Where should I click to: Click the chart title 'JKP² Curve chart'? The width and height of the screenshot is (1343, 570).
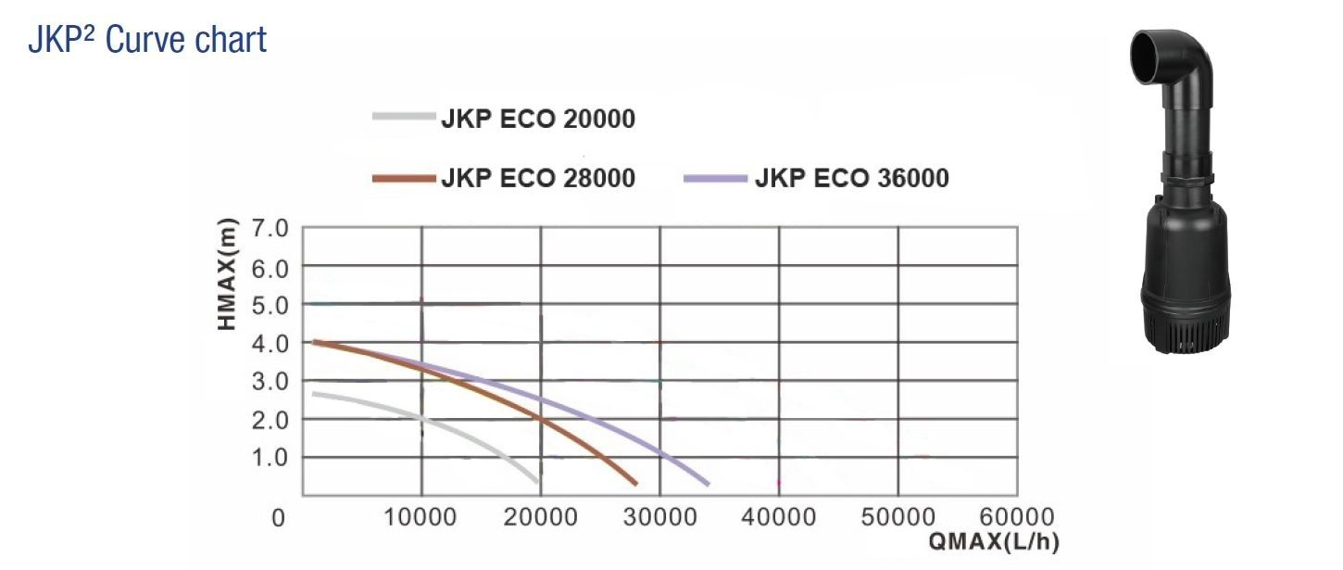pyautogui.click(x=148, y=40)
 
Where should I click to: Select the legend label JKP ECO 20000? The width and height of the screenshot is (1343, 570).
pyautogui.click(x=538, y=120)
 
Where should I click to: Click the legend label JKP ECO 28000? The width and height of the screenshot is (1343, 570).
pyautogui.click(x=538, y=178)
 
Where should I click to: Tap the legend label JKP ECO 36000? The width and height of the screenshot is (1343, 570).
pyautogui.click(x=852, y=178)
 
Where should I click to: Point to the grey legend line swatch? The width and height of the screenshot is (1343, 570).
pyautogui.click(x=403, y=117)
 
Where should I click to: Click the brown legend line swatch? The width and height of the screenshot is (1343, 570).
pyautogui.click(x=403, y=177)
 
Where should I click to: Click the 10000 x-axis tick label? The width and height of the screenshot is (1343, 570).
pyautogui.click(x=421, y=517)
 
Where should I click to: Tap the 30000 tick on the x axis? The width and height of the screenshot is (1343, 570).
pyautogui.click(x=659, y=517)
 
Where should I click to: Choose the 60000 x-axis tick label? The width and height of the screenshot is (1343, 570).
pyautogui.click(x=1015, y=517)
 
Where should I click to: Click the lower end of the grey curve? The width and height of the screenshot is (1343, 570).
pyautogui.click(x=537, y=480)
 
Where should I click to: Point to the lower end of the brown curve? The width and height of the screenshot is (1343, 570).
pyautogui.click(x=634, y=482)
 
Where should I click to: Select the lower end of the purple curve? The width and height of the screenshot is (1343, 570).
pyautogui.click(x=707, y=483)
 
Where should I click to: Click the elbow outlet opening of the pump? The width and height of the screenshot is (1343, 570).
pyautogui.click(x=1146, y=61)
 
